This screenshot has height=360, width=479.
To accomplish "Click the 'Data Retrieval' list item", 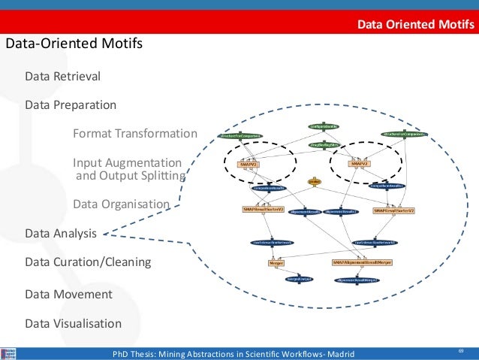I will coord(62,76).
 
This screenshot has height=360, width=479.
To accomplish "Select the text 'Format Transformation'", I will coord(134,134).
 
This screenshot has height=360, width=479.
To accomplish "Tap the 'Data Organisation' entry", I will coord(121,204).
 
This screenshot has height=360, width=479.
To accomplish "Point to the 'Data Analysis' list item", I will coord(61,234).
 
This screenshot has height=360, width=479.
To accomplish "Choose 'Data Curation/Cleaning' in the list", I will coord(88,262).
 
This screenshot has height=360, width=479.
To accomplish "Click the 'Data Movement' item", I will coord(68,294).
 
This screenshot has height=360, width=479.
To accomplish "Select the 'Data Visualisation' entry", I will coord(73,324).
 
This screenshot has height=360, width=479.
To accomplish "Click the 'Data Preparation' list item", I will coord(71,104).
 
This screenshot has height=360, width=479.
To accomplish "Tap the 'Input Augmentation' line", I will coord(127,162).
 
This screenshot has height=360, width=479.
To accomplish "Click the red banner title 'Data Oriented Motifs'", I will coord(414,25).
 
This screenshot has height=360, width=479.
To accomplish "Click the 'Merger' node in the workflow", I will coord(275,263).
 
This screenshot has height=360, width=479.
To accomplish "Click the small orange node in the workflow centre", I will coord(315,182).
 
